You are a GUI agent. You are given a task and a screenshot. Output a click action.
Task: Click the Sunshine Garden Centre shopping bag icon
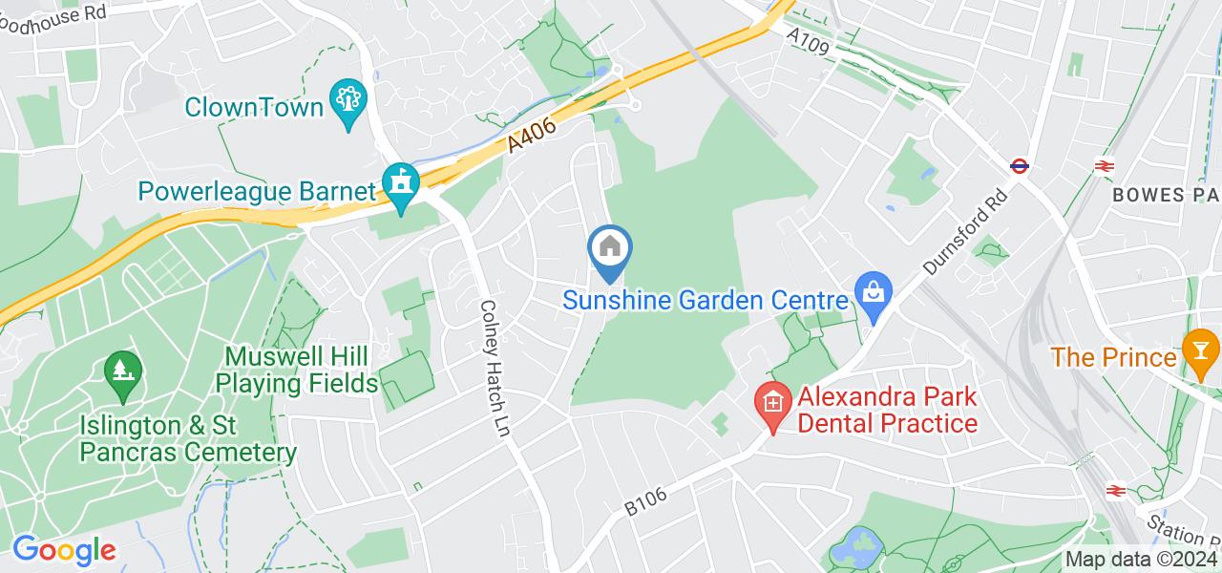click(x=873, y=290)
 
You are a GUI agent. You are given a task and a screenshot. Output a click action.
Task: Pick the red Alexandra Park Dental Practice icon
click(x=771, y=403)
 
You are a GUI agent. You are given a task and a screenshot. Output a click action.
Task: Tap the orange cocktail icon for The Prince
click(x=1198, y=349)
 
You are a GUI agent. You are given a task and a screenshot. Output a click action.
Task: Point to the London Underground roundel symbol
click(x=1020, y=166)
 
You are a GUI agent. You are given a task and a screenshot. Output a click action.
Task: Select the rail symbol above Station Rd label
click(x=1114, y=490)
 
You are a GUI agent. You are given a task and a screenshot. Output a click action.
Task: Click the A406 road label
click(x=530, y=129)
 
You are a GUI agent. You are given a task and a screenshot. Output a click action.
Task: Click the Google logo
click(x=64, y=550)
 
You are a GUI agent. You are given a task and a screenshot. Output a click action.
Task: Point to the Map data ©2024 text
click(x=1140, y=560)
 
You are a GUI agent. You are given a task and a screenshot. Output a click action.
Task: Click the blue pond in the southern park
click(x=854, y=547)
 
